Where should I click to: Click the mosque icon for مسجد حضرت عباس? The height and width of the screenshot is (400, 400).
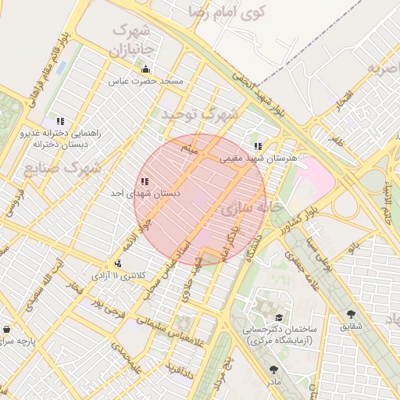(145, 69)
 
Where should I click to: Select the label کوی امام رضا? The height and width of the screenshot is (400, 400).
(227, 12)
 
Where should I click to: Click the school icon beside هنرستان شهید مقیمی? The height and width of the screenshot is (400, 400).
(258, 146)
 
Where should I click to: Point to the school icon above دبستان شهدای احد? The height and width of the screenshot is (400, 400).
(145, 181)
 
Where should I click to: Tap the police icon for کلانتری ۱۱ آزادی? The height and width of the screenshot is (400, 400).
(117, 263)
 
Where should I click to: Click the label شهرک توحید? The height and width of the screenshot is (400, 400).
(199, 114)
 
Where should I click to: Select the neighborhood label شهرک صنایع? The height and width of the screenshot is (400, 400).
(63, 168)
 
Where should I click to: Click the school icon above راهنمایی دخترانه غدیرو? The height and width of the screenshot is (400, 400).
(60, 122)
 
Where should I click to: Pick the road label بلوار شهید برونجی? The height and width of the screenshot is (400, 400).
(254, 95)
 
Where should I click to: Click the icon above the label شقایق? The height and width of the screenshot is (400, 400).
(349, 314)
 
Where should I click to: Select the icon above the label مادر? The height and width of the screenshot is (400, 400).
(273, 370)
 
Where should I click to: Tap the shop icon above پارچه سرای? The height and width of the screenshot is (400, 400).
(7, 330)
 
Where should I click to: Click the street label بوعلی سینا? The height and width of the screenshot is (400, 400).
(320, 251)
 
